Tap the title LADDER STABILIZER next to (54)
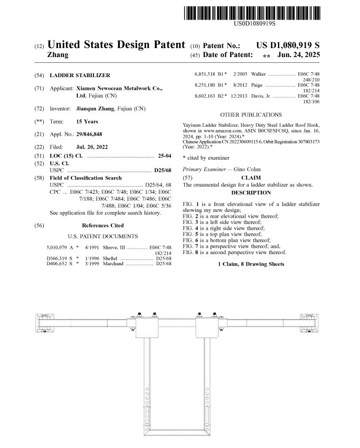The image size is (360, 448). pyautogui.click(x=80, y=76)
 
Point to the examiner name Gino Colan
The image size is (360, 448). pyautogui.click(x=243, y=169)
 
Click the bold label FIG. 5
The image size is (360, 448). pyautogui.click(x=191, y=233)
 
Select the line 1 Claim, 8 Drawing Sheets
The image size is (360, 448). pyautogui.click(x=251, y=264)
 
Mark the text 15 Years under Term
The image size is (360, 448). pyautogui.click(x=87, y=122)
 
